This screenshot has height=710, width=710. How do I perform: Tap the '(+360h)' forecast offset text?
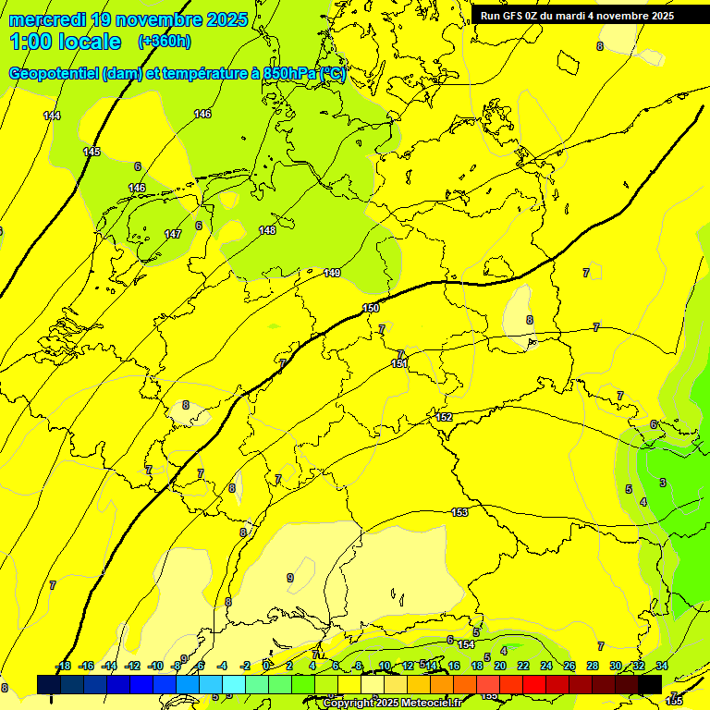164,42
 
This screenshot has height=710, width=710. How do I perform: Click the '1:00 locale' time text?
65,42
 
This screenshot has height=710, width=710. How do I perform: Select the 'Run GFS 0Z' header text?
513,16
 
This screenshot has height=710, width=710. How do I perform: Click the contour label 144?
52,116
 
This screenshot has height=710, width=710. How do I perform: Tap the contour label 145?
92,152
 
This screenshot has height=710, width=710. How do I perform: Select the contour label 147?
173,235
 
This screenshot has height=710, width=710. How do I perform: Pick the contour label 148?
267,230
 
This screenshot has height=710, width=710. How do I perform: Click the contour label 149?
332,273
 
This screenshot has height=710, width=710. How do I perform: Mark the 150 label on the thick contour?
371,308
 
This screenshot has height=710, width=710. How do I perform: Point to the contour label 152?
445,418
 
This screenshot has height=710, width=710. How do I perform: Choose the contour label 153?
459,512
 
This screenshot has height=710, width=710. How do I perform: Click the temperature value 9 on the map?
290,578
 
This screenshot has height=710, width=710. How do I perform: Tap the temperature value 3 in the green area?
662,483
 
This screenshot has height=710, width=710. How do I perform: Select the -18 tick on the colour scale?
64,666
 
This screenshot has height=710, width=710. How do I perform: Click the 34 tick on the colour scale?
661,666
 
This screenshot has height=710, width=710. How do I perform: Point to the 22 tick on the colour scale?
523,666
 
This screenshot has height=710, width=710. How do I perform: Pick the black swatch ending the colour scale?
650,683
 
